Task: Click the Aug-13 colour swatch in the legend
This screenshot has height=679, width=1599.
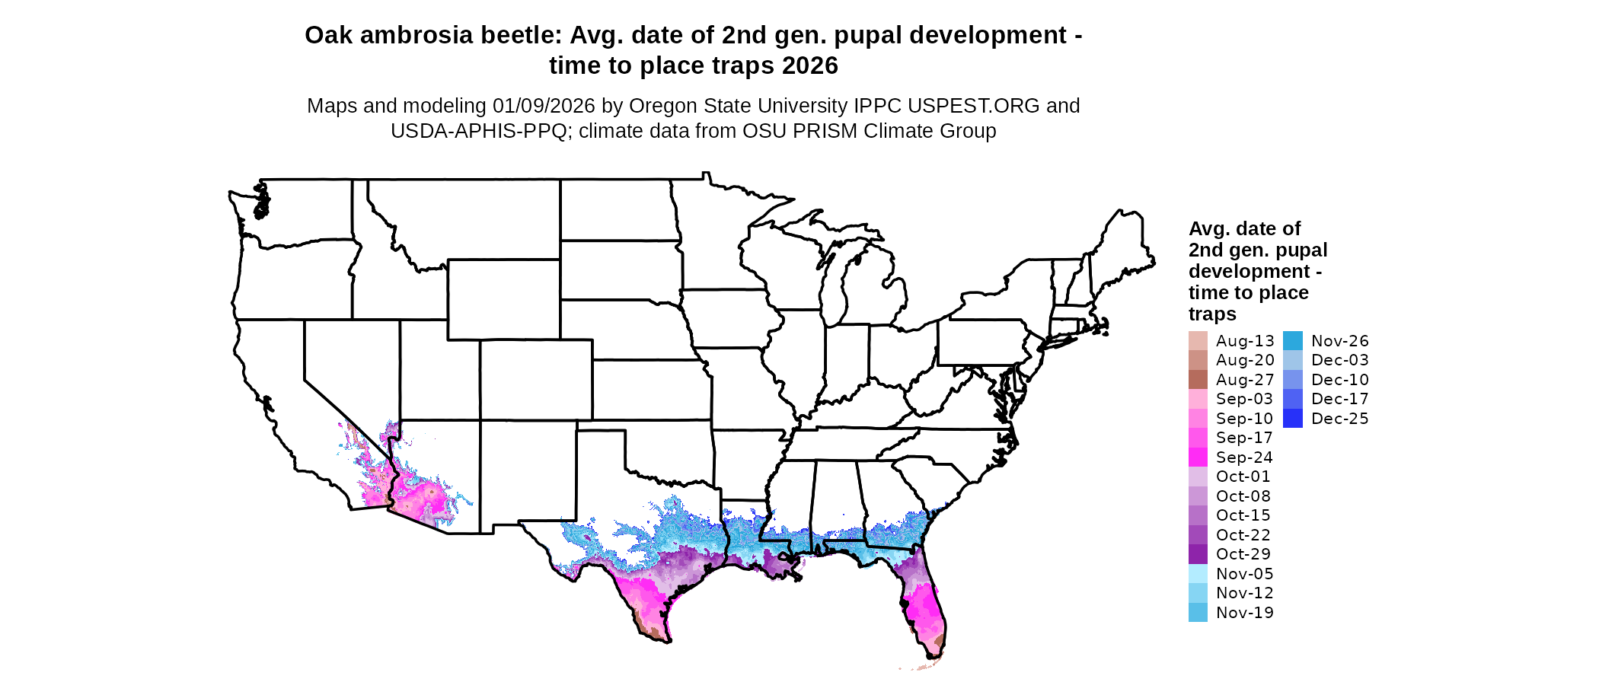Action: pos(1198,341)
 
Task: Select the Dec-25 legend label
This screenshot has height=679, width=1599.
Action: pos(1339,419)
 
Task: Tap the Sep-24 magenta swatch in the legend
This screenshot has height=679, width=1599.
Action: pos(1198,457)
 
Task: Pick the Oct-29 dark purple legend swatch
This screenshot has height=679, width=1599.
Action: pos(1198,554)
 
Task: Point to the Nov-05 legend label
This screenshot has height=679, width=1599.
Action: pos(1244,574)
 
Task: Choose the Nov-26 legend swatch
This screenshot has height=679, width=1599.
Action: pos(1293,341)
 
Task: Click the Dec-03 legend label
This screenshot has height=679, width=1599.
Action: pos(1339,360)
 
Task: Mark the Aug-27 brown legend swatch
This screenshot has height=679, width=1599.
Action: pos(1198,380)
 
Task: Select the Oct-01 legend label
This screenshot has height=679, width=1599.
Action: pos(1243,477)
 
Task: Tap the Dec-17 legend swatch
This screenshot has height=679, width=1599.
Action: pos(1293,399)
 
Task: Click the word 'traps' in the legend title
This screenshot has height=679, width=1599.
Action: pos(1212,314)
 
